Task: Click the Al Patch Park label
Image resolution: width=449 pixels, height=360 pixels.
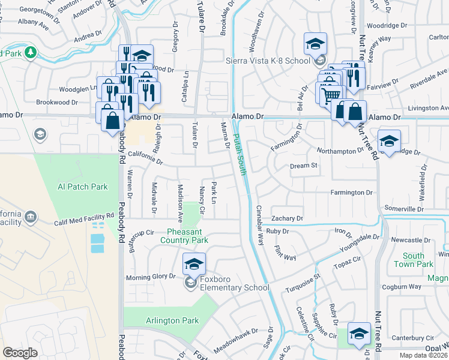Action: coord(83,187)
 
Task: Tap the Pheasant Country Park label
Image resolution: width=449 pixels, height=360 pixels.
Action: coord(184,236)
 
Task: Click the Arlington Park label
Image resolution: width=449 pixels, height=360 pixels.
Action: coord(172,321)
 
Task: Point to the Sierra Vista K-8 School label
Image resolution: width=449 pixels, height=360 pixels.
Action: coord(268,61)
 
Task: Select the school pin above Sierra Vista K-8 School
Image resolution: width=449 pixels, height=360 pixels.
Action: coord(315,44)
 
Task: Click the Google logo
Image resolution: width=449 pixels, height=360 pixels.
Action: coord(20,353)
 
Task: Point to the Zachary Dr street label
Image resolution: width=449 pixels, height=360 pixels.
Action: coord(287,219)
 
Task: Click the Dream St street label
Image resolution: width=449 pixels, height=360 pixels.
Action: coord(303,166)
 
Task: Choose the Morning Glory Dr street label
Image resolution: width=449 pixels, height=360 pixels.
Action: coord(150,277)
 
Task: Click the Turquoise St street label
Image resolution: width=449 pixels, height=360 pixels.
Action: coord(303,283)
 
